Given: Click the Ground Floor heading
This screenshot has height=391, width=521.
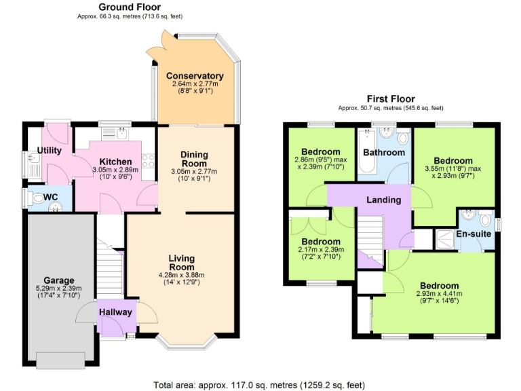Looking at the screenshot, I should pos(130,7).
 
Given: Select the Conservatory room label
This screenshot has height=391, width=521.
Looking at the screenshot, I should pos(195,76).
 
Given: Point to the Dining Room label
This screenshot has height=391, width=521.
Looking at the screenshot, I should pos(194,159).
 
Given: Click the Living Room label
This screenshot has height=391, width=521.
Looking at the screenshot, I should pos(181,263).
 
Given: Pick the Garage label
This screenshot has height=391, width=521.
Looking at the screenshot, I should pos(59,280).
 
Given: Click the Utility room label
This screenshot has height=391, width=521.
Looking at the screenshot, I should pos(50,149).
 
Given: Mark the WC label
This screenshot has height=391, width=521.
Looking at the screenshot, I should pos(50,197).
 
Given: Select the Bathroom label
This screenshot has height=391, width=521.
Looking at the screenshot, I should pos(383,153).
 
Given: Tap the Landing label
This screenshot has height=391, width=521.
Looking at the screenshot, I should pos(383,200).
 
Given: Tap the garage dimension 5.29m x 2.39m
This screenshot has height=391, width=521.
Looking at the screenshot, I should pos(59,290).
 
